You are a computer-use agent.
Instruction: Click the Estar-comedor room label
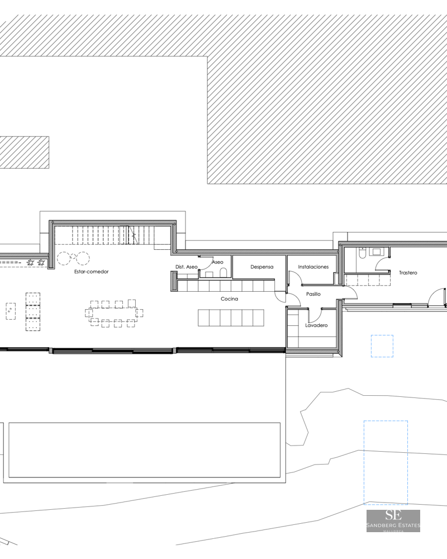pos(91,272)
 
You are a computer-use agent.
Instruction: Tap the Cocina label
pos(229,299)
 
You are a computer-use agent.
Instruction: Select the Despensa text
pos(261,267)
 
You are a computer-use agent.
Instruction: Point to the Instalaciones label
pos(313,267)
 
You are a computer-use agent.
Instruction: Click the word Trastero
pos(408,273)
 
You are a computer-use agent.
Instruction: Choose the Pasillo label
pos(313,294)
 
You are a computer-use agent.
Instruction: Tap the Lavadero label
pos(316,325)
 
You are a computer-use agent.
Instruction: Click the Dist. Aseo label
pos(186,267)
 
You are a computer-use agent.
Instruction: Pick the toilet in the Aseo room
pos(223,272)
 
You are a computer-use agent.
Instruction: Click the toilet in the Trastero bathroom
pos(362,255)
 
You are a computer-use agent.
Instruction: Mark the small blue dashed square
pos(382,346)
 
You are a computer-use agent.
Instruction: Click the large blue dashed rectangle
pos(386,462)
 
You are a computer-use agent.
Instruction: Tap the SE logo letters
pos(393,516)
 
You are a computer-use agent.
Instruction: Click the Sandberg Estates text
pos(393,525)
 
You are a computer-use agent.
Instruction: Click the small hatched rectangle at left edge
pos(24,153)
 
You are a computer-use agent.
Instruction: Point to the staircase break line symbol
pos(134,236)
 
